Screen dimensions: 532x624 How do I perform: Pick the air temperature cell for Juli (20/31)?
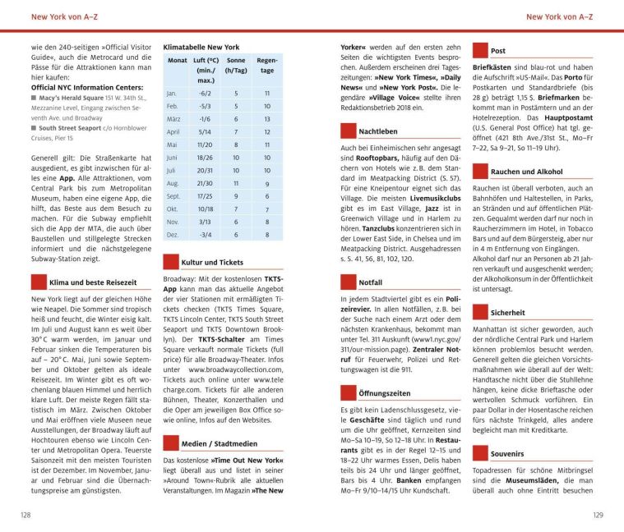pyautogui.click(x=206, y=170)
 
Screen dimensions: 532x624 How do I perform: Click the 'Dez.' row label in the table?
pyautogui.click(x=173, y=234)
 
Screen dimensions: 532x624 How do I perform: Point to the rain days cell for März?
pyautogui.click(x=266, y=118)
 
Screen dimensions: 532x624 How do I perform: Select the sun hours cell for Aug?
pyautogui.click(x=236, y=183)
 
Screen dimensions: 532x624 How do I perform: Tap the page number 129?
pyautogui.click(x=598, y=515)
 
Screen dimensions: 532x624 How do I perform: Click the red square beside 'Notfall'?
pyautogui.click(x=346, y=282)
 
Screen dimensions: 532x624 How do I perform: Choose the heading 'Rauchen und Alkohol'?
pyautogui.click(x=526, y=172)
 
